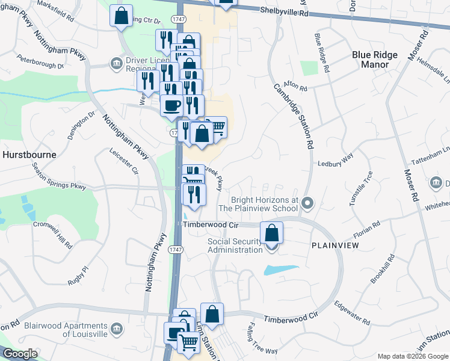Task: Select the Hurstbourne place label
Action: tap(29, 155)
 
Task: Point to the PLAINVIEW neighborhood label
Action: tap(335, 246)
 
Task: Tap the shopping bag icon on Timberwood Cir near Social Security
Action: tap(272, 232)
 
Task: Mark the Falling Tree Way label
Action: tap(262, 341)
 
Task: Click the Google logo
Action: tap(20, 354)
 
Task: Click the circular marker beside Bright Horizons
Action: tap(307, 203)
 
